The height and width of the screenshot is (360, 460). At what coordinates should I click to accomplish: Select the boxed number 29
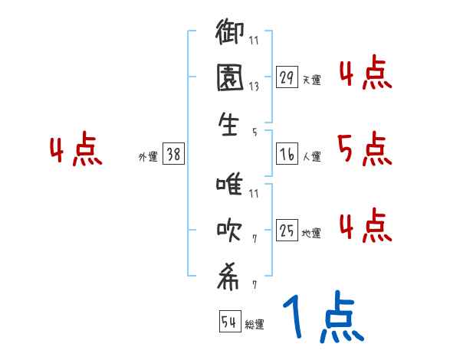[x=287, y=77]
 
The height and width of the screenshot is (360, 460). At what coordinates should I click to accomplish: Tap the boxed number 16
[x=287, y=155]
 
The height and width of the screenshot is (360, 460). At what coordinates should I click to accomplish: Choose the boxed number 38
[x=173, y=155]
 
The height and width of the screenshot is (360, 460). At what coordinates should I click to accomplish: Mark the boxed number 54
[x=228, y=322]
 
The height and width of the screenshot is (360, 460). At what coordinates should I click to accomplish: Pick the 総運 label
[x=255, y=324]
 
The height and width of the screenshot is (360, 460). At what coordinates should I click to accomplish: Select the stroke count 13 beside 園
[x=254, y=86]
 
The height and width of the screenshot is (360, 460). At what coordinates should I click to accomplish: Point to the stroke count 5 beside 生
[x=255, y=132]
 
